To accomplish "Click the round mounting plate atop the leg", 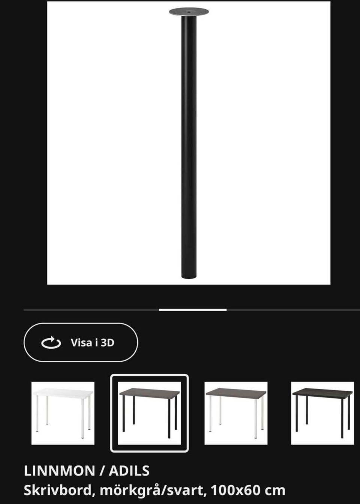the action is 189,12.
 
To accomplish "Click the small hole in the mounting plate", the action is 189,11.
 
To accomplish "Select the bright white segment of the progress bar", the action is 193,310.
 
